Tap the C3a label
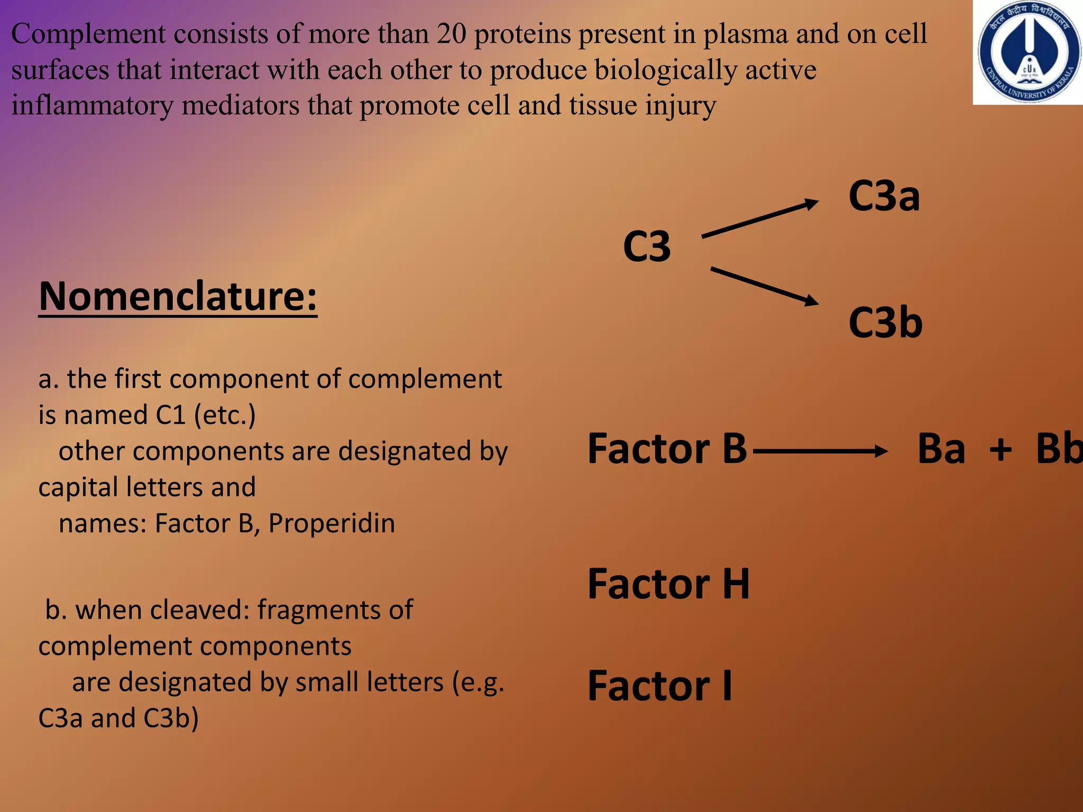pyautogui.click(x=884, y=196)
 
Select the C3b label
pyautogui.click(x=885, y=322)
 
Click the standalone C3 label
pyautogui.click(x=647, y=246)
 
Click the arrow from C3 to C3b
pyautogui.click(x=764, y=286)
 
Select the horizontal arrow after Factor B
pyautogui.click(x=820, y=451)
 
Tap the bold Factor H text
pyautogui.click(x=668, y=584)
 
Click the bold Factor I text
pyautogui.click(x=660, y=686)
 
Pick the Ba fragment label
pyautogui.click(x=941, y=449)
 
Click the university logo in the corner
pyautogui.click(x=1028, y=53)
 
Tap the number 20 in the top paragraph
pyautogui.click(x=451, y=34)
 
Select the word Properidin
pyautogui.click(x=332, y=523)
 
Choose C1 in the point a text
pyautogui.click(x=171, y=415)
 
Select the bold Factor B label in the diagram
pyautogui.click(x=667, y=449)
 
